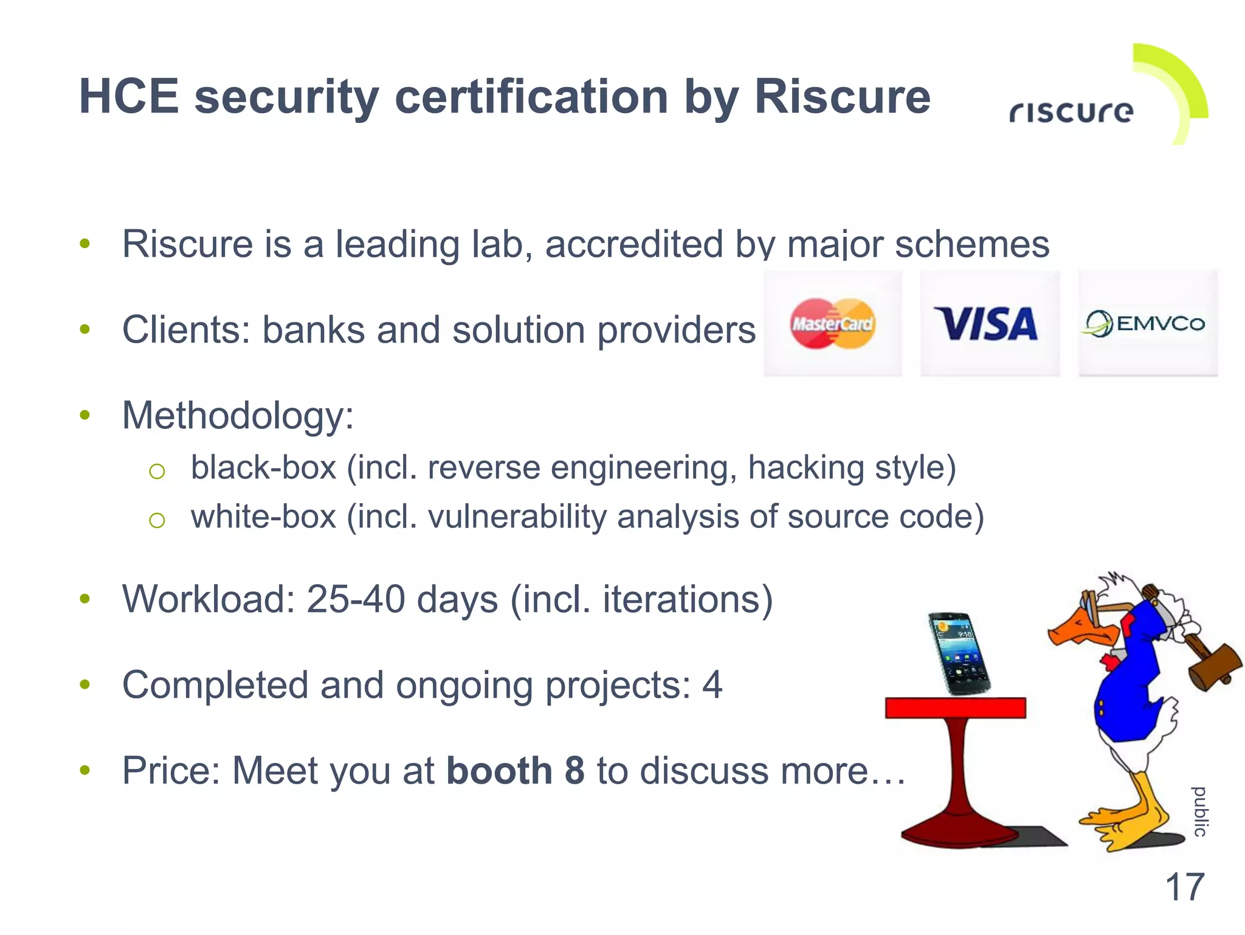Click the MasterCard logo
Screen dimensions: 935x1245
tap(832, 324)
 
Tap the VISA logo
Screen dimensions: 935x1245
tap(987, 324)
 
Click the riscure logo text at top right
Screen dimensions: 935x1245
tap(1071, 113)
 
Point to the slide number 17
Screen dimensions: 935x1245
tap(1184, 887)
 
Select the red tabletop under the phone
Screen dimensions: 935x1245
tap(955, 708)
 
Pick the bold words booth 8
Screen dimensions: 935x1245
tap(515, 771)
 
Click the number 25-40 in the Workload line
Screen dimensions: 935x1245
tap(356, 599)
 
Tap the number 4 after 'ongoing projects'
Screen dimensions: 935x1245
tap(712, 685)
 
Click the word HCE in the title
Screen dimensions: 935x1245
tap(129, 97)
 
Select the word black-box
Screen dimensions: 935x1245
tap(263, 468)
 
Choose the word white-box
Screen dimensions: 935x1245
tap(263, 517)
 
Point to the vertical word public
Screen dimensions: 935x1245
tap(1199, 812)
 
